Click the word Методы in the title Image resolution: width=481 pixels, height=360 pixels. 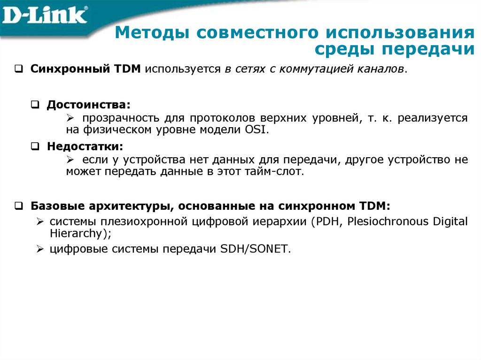click(x=150, y=34)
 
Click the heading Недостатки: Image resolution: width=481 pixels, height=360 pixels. click(x=85, y=146)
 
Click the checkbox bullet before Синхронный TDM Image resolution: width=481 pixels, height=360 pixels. click(x=18, y=69)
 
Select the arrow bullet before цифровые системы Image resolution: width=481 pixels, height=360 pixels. click(x=40, y=249)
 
